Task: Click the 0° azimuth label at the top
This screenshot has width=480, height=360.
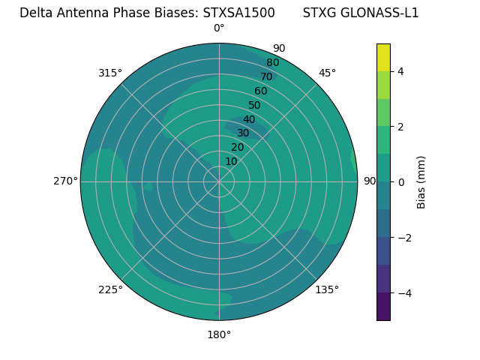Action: click(x=219, y=28)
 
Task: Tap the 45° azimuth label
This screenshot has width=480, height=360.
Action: click(x=327, y=73)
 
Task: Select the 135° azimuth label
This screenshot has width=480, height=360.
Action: click(x=327, y=289)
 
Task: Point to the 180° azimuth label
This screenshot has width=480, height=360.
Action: click(x=219, y=334)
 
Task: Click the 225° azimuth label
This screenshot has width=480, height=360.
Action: click(x=110, y=289)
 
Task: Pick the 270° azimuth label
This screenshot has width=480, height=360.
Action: click(x=65, y=181)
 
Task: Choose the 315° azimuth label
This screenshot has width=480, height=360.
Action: click(x=110, y=73)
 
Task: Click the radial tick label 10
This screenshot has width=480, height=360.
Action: click(x=231, y=161)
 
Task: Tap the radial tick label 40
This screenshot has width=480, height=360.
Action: click(x=249, y=119)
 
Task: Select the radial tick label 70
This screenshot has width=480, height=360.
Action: click(x=266, y=76)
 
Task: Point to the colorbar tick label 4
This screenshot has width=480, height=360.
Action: click(x=400, y=71)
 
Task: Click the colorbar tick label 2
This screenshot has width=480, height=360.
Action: click(x=400, y=127)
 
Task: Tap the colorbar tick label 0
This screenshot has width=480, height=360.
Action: click(x=400, y=181)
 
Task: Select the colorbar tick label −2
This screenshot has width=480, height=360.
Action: click(x=403, y=237)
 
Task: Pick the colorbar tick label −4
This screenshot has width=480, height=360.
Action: click(x=403, y=292)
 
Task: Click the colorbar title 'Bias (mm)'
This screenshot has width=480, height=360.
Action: click(x=421, y=181)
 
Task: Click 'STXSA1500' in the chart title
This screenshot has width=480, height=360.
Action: click(x=238, y=13)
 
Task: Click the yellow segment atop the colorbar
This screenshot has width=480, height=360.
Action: click(x=383, y=57)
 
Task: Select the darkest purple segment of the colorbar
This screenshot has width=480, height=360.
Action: click(x=383, y=306)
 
